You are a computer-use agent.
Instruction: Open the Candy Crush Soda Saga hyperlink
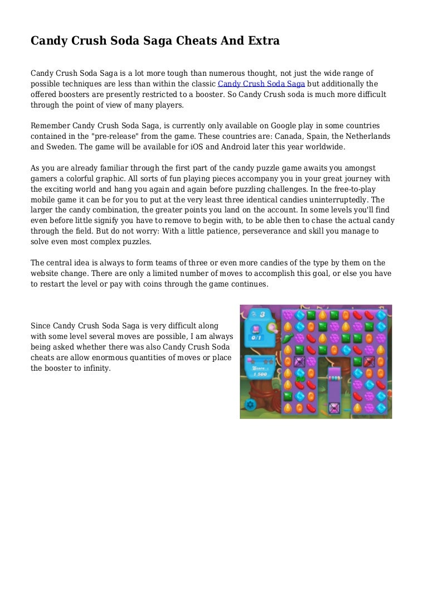click(x=261, y=84)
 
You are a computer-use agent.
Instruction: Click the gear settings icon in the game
click(x=250, y=404)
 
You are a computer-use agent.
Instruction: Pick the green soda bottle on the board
click(x=288, y=338)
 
